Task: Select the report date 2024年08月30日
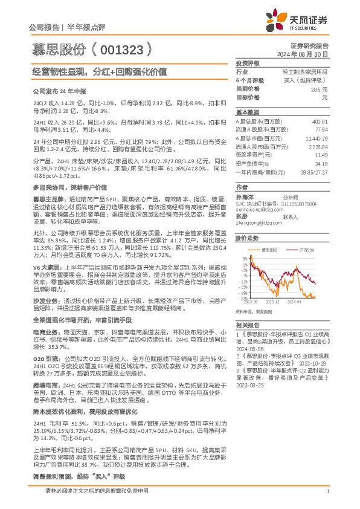coord(307,54)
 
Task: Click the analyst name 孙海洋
coord(245,197)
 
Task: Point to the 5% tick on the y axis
coord(243,259)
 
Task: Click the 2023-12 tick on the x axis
coord(272,300)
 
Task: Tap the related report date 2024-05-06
coord(249,348)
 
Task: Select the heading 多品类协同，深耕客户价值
coord(63,188)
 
